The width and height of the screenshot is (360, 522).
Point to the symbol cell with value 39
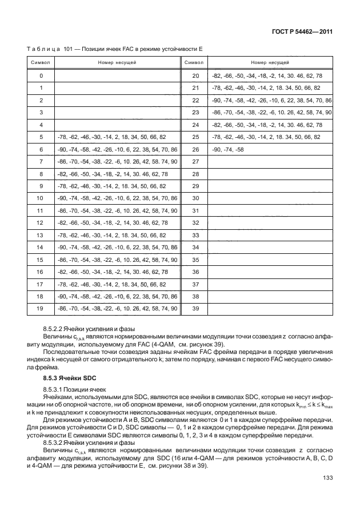195,309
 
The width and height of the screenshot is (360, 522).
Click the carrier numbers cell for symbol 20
267,76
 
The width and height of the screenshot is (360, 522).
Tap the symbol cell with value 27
195,162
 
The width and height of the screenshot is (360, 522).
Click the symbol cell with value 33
195,235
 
